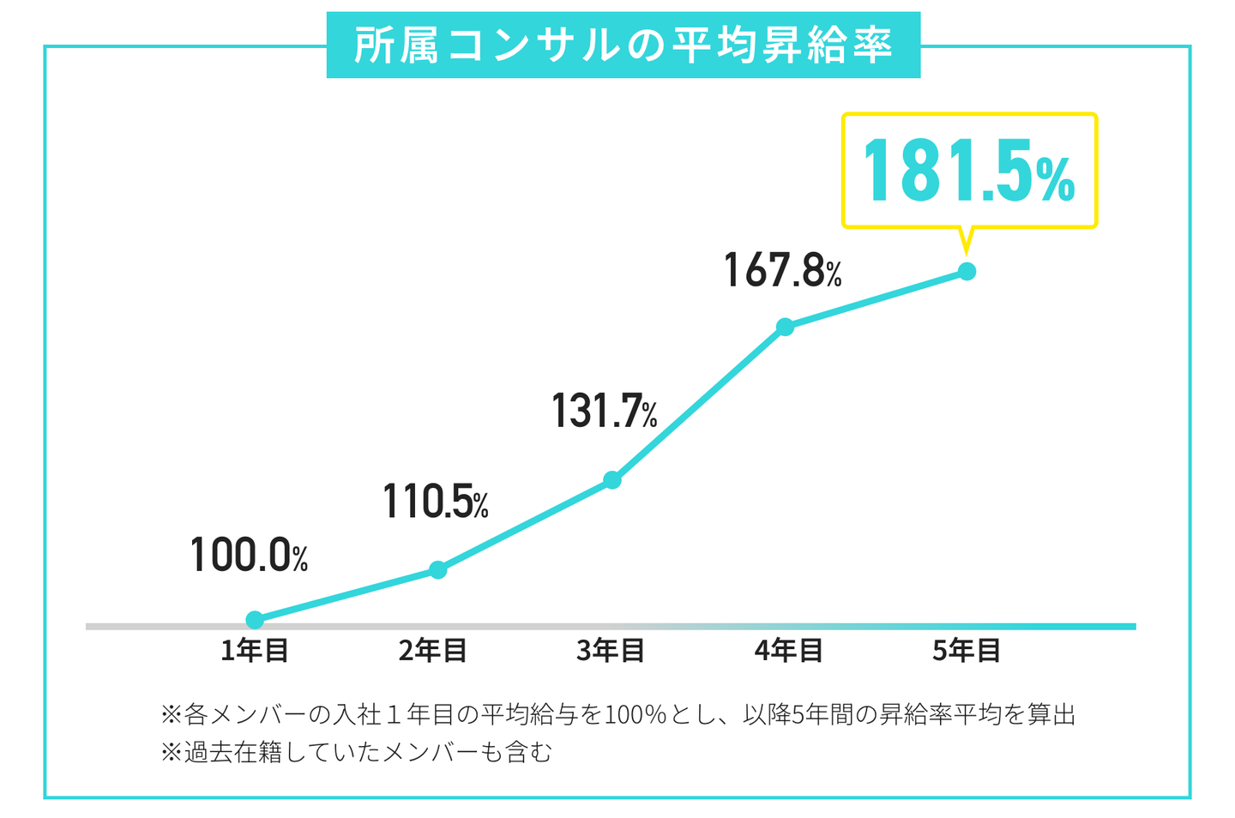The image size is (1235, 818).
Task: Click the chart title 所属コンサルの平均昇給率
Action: (624, 45)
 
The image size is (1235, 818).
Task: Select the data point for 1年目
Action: (255, 620)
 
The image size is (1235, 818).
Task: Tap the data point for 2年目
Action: (438, 569)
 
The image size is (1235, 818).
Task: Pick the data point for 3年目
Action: (612, 480)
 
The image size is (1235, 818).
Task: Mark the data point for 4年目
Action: (785, 327)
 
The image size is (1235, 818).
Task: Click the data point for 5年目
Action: (967, 272)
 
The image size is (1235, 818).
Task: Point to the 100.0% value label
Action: (249, 555)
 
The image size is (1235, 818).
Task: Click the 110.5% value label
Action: (436, 502)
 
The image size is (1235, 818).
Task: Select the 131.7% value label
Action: (604, 411)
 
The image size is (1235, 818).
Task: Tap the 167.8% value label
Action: (782, 270)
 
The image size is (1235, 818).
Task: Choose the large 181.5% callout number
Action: (968, 171)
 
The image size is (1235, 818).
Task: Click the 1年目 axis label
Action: (255, 651)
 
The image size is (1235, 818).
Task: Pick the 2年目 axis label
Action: (432, 651)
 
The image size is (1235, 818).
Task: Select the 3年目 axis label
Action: (611, 651)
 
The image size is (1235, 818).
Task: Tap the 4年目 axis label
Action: (788, 651)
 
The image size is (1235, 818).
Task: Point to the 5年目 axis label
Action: (967, 651)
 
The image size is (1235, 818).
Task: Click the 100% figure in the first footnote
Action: (636, 714)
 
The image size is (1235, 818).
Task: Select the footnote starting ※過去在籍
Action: (356, 752)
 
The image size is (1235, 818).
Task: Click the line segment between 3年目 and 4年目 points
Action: (699, 403)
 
